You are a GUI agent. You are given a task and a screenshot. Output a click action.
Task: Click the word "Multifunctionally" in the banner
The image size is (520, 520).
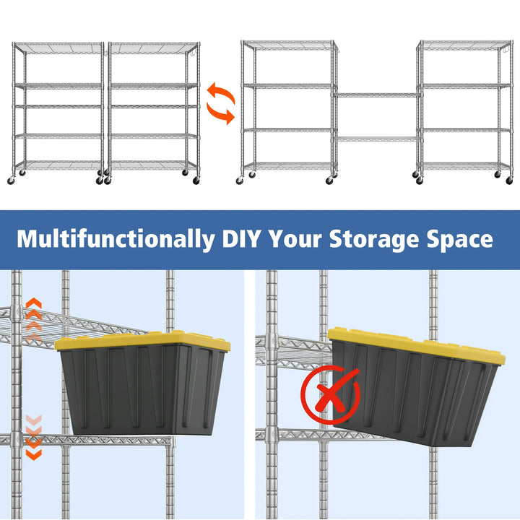coord(116,240)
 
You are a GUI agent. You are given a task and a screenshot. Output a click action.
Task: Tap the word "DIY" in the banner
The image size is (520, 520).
coord(241,238)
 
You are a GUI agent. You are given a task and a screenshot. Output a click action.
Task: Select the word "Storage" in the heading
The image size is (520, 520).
coord(374,240)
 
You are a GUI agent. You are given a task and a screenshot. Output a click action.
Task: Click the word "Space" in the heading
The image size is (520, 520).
coord(459,240)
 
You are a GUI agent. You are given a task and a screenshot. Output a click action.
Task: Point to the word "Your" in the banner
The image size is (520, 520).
coord(295,238)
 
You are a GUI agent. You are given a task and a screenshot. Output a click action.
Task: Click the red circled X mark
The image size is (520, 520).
coord(330,394)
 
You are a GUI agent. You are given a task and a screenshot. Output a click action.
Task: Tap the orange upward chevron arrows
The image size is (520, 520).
coord(34,320)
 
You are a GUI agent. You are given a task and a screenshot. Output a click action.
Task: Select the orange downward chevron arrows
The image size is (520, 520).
coord(34,437)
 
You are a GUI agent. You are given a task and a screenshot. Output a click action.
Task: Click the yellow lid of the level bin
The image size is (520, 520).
coord(142,341)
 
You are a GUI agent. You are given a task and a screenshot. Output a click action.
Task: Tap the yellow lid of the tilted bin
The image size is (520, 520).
coord(416,345)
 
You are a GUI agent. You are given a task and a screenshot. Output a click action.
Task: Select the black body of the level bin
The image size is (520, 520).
coord(142,390)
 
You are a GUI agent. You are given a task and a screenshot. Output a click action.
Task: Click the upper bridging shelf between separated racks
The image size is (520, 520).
coord(377,95)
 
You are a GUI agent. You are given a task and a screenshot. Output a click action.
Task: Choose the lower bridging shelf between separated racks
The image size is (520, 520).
coord(377,139)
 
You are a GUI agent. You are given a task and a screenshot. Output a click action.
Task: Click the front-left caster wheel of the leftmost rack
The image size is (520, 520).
coord(11,181)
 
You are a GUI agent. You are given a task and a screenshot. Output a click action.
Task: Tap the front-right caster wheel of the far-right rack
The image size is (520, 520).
coord(509,181)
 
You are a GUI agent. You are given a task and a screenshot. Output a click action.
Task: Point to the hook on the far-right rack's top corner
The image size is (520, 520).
coord(506,50)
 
